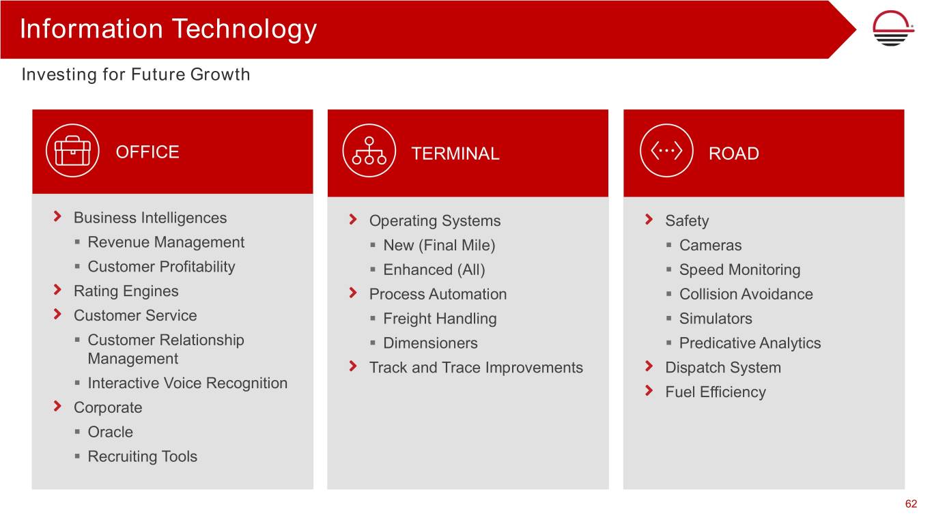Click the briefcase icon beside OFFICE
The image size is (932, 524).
click(x=72, y=151)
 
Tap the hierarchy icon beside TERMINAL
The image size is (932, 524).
click(x=369, y=151)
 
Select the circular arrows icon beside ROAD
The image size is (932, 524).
click(x=666, y=151)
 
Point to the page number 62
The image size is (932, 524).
click(x=911, y=504)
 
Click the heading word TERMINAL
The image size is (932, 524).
click(x=455, y=154)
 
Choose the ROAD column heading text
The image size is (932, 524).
click(x=734, y=154)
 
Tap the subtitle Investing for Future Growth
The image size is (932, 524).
click(x=136, y=74)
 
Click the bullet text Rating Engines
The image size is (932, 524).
click(x=126, y=291)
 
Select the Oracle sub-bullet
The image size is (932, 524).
click(x=110, y=432)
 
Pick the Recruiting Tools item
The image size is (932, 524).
click(x=142, y=456)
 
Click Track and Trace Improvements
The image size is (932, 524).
click(x=476, y=368)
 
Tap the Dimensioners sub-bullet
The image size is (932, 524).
click(x=430, y=343)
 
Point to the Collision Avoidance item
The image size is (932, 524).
click(x=746, y=294)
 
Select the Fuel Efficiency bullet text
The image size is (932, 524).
click(x=716, y=392)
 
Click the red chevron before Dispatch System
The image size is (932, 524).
click(x=649, y=366)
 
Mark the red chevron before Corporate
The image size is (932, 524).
click(x=57, y=406)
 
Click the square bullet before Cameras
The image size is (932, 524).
click(x=668, y=245)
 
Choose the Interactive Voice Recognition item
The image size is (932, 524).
click(x=188, y=383)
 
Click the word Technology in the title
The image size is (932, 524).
click(x=244, y=30)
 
